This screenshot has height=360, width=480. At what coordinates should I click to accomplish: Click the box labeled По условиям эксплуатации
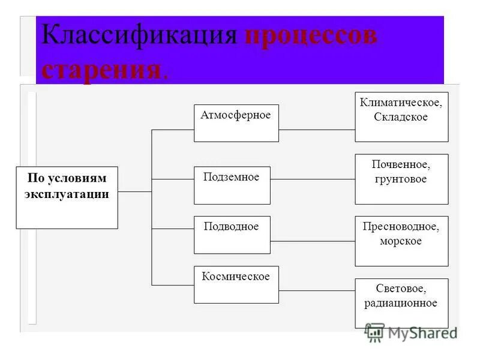67,197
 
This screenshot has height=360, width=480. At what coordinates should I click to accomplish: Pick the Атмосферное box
236,123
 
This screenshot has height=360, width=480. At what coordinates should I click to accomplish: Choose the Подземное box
232,185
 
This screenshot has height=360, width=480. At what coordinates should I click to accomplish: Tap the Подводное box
232,235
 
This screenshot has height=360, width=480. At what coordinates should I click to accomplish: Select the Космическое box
236,284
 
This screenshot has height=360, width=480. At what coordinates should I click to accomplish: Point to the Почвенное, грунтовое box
401,179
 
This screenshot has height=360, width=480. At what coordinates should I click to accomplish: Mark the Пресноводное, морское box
401,241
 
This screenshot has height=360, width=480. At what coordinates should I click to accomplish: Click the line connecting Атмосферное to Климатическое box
317,129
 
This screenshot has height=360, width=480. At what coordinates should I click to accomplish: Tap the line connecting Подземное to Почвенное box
313,179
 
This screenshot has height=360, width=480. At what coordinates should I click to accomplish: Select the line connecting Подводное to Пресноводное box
313,241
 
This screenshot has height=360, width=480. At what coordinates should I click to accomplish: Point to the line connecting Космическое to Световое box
317,290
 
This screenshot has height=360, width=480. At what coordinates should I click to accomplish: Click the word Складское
401,118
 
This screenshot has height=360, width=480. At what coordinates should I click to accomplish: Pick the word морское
401,241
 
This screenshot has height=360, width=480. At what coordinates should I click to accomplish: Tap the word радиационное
401,304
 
